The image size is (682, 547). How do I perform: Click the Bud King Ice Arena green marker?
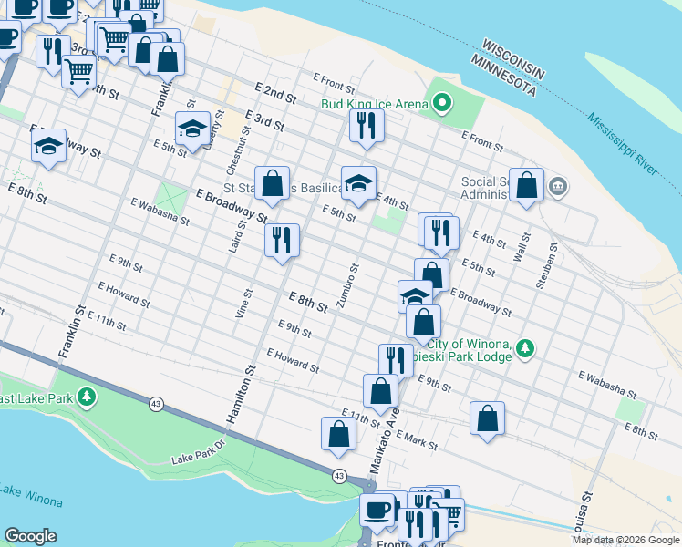point(442,104)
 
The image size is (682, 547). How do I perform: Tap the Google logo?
point(30,536)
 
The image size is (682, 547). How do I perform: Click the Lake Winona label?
point(30,497)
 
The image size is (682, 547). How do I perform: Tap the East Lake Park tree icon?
point(87,397)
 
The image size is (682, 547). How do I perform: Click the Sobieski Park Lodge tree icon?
point(525,348)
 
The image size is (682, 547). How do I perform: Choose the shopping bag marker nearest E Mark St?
point(488,418)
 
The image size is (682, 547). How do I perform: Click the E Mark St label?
point(418,442)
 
